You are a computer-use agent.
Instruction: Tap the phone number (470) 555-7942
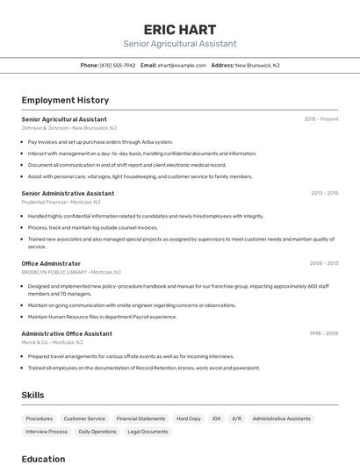118,65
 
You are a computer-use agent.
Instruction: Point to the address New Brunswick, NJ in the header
256,65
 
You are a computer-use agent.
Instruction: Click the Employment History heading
65,100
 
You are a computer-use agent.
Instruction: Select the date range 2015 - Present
321,119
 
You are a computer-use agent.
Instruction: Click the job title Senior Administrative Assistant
68,193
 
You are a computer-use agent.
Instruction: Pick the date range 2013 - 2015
324,193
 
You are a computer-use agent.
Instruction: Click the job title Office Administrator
51,263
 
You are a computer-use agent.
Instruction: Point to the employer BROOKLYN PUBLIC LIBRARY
54,272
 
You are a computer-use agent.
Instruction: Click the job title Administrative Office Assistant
67,333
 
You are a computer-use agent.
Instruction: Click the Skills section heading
32,395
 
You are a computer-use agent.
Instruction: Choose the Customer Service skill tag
84,418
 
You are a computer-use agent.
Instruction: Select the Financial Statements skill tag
140,418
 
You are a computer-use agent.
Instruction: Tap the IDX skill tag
216,418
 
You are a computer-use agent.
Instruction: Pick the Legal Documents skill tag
148,432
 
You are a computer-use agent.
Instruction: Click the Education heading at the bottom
43,458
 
